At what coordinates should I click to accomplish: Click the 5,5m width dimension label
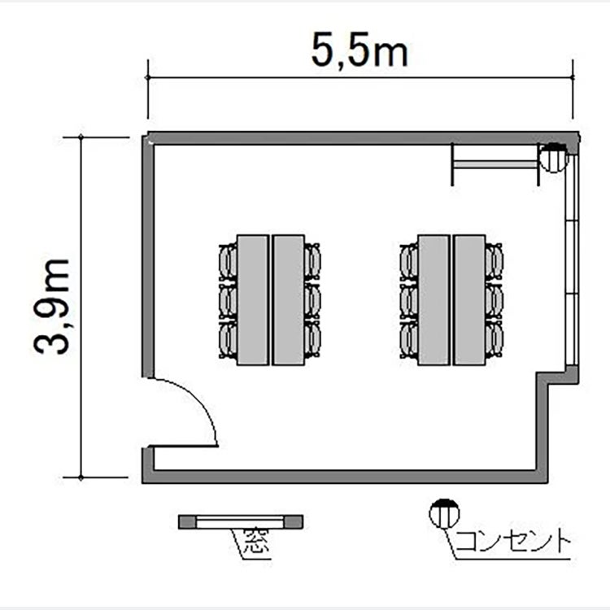(x=359, y=50)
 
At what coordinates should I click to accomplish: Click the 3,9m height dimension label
(x=52, y=306)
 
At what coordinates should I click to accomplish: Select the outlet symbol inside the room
(x=553, y=157)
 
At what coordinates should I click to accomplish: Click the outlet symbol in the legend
(x=444, y=513)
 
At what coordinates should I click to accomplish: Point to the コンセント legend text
(x=512, y=540)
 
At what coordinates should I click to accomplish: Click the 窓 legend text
(x=256, y=541)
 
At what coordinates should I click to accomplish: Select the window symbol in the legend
(x=241, y=521)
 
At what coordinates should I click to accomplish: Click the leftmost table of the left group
(x=253, y=300)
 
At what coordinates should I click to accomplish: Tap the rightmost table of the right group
(x=469, y=300)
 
